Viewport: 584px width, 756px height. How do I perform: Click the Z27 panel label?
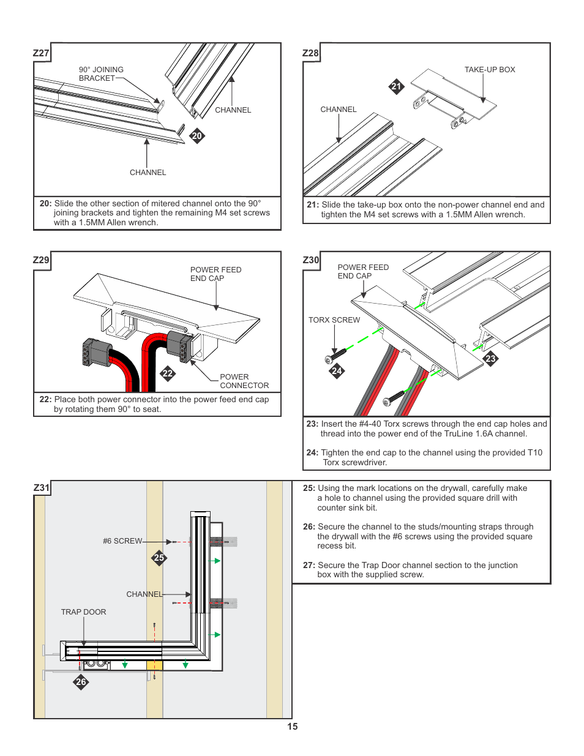pyautogui.click(x=41, y=53)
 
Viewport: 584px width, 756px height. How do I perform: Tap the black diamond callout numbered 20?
pyautogui.click(x=197, y=136)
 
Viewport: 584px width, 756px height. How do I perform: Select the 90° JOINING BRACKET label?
pyautogui.click(x=101, y=74)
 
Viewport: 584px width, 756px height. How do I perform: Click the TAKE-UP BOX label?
pyautogui.click(x=490, y=70)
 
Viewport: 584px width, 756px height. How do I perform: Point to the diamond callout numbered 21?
pyautogui.click(x=396, y=86)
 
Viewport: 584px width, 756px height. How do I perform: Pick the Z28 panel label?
pyautogui.click(x=311, y=53)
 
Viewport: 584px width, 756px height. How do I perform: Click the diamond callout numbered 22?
pyautogui.click(x=168, y=373)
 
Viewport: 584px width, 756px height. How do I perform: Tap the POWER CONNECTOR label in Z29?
pyautogui.click(x=244, y=381)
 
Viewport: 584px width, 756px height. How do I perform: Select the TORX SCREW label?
pyautogui.click(x=334, y=320)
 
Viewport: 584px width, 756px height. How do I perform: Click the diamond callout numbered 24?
pyautogui.click(x=337, y=370)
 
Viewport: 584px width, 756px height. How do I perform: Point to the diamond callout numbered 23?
pyautogui.click(x=490, y=359)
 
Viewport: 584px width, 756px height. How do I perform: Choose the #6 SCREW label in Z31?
pyautogui.click(x=122, y=541)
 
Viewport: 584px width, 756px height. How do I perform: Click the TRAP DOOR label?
pyautogui.click(x=83, y=612)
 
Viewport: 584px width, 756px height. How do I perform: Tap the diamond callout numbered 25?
pyautogui.click(x=159, y=558)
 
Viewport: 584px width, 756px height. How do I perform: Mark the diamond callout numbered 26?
pyautogui.click(x=81, y=682)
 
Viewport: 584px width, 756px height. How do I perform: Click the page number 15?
pyautogui.click(x=293, y=727)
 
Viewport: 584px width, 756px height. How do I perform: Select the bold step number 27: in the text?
pyautogui.click(x=309, y=566)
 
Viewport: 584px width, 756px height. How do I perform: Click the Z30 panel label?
pyautogui.click(x=311, y=260)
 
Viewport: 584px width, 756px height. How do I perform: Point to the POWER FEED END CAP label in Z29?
pyautogui.click(x=215, y=274)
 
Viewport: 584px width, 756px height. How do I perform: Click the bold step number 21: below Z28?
pyautogui.click(x=313, y=205)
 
